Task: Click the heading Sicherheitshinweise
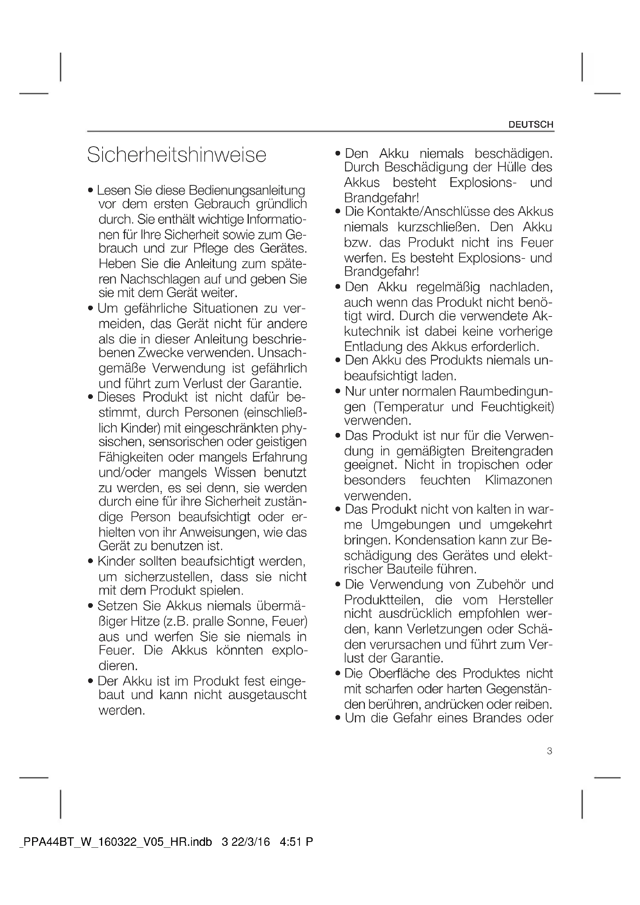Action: pyautogui.click(x=176, y=154)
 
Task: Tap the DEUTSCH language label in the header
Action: pyautogui.click(x=531, y=125)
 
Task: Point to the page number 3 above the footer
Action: pyautogui.click(x=550, y=751)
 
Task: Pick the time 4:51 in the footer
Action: pyautogui.click(x=290, y=842)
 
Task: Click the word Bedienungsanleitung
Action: pyautogui.click(x=247, y=190)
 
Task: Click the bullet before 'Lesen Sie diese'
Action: pyautogui.click(x=91, y=191)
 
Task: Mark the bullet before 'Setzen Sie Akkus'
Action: pyautogui.click(x=91, y=606)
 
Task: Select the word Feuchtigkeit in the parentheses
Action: pyautogui.click(x=516, y=406)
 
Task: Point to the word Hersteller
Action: pyautogui.click(x=526, y=600)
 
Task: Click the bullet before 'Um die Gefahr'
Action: pyautogui.click(x=337, y=718)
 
